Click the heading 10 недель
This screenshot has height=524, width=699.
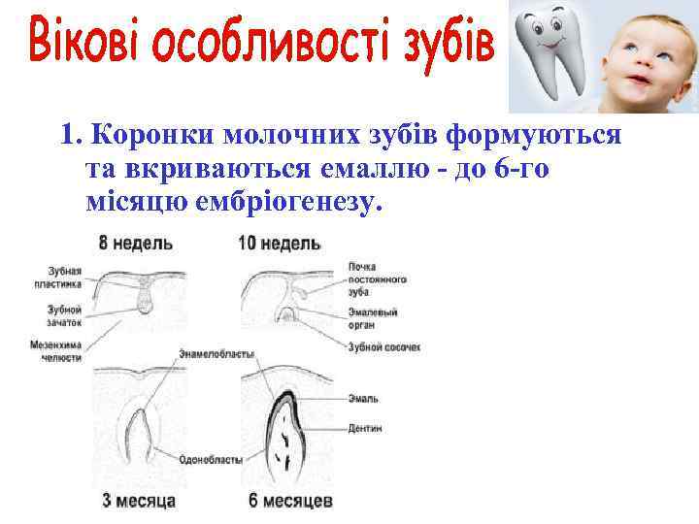click(279, 243)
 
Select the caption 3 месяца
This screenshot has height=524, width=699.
click(139, 502)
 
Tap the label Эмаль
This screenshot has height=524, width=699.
click(367, 398)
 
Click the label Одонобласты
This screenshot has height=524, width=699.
click(212, 460)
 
